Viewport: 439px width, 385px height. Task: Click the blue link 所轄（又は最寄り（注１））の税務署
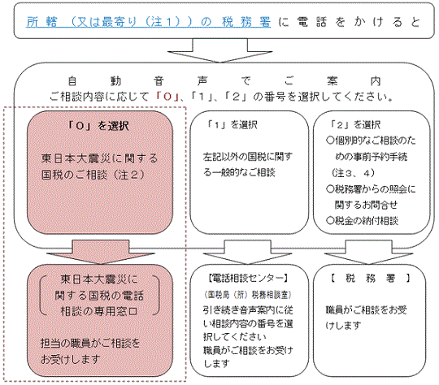(149, 22)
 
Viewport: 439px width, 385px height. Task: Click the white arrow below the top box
(220, 50)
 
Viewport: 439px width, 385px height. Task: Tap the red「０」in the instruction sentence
(167, 97)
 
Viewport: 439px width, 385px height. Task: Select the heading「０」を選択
(98, 126)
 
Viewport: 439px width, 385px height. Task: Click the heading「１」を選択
(232, 125)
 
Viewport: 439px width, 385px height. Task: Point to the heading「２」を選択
(355, 125)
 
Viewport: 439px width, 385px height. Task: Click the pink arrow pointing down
(101, 252)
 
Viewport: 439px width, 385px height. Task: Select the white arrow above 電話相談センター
(247, 252)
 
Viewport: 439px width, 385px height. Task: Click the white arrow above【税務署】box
(369, 252)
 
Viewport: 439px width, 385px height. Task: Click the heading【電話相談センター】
(248, 278)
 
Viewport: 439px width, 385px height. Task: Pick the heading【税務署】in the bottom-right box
(370, 278)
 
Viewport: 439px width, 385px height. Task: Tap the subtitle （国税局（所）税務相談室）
(248, 294)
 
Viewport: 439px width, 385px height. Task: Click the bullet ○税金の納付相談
(362, 221)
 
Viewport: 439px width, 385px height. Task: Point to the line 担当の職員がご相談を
(90, 343)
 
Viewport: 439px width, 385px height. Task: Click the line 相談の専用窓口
(99, 311)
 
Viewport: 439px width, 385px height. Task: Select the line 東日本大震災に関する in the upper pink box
(100, 158)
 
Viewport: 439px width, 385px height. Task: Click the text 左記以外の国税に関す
(248, 157)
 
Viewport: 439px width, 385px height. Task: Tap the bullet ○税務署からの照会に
(371, 189)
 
